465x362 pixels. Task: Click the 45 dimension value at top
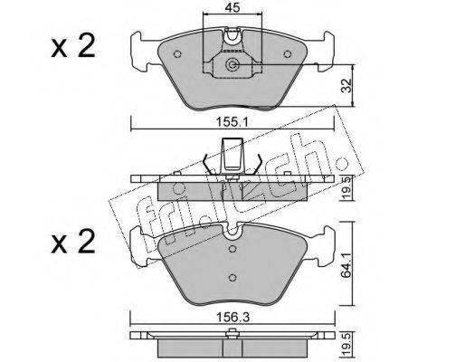click(x=232, y=7)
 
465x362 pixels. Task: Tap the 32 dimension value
click(x=347, y=85)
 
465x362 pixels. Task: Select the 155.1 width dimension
click(x=232, y=122)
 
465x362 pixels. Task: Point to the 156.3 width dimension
click(x=232, y=317)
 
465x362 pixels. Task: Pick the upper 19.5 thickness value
click(x=347, y=187)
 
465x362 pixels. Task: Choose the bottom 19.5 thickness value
click(x=347, y=344)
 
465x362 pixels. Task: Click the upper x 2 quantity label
click(x=73, y=46)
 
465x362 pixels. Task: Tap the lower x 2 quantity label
click(x=73, y=242)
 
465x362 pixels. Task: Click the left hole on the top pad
click(x=177, y=54)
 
